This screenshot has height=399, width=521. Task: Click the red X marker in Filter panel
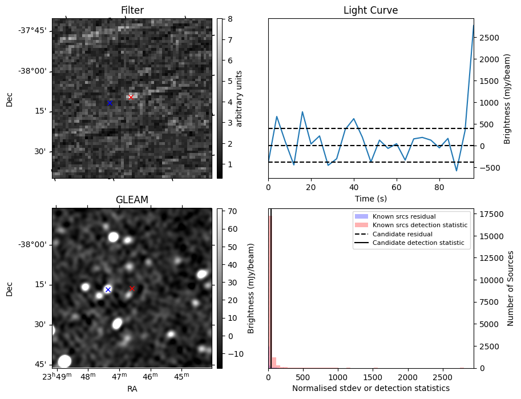coord(131,97)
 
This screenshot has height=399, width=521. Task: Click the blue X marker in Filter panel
coord(110,103)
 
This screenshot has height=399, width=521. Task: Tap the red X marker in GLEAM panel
coord(132,288)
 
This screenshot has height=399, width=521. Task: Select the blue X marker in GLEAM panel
coord(108,289)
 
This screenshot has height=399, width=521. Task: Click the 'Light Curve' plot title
coord(370,10)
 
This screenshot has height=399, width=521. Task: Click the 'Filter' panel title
coord(132,10)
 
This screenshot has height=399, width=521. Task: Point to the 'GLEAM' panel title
coord(132,200)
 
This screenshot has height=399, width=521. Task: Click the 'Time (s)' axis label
coord(370,198)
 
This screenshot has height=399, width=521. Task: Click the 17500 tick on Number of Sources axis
coord(490,214)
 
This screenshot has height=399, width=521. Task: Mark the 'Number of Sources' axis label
coord(511,288)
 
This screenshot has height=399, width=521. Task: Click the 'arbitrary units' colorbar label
coord(239,98)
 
